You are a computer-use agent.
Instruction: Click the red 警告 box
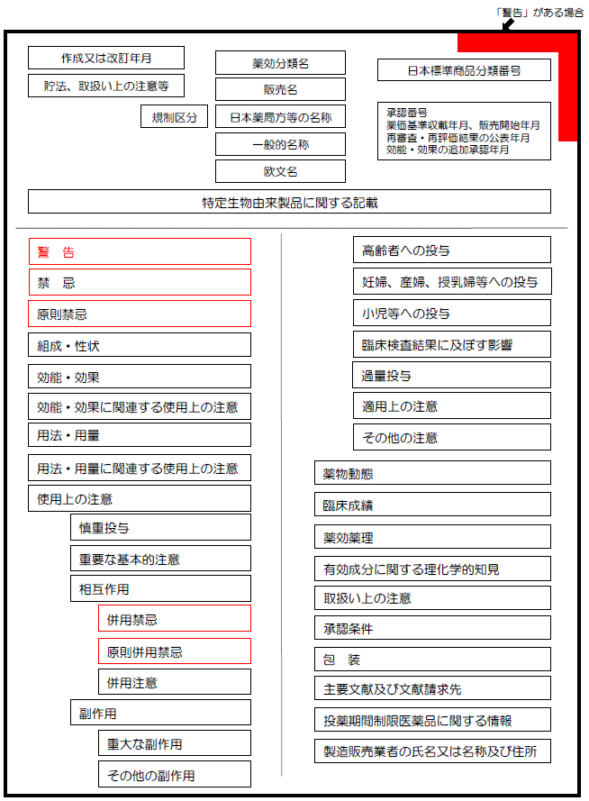pyautogui.click(x=140, y=251)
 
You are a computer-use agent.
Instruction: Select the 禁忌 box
pyautogui.click(x=140, y=283)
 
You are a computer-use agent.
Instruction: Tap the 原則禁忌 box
pyautogui.click(x=140, y=314)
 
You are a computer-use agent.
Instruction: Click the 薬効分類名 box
pyautogui.click(x=280, y=63)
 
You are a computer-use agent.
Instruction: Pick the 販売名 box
pyautogui.click(x=280, y=89)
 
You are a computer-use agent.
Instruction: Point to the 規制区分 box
pyautogui.click(x=174, y=116)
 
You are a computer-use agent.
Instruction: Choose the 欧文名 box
pyautogui.click(x=280, y=171)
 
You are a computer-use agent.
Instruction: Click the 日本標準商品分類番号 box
pyautogui.click(x=464, y=69)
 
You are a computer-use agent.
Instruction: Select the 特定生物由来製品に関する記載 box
pyautogui.click(x=289, y=202)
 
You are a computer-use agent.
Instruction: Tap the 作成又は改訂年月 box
pyautogui.click(x=106, y=58)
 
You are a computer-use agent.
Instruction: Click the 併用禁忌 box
pyautogui.click(x=175, y=619)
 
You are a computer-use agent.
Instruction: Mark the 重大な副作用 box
pyautogui.click(x=175, y=743)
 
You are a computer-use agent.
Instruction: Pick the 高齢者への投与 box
pyautogui.click(x=451, y=250)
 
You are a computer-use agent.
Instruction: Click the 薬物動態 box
pyautogui.click(x=432, y=473)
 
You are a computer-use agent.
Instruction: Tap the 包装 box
pyautogui.click(x=432, y=660)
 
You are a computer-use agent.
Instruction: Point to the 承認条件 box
pyautogui.click(x=432, y=628)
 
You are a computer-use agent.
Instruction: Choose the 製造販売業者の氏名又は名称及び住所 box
pyautogui.click(x=432, y=751)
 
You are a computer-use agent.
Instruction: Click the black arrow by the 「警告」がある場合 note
pyautogui.click(x=507, y=25)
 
